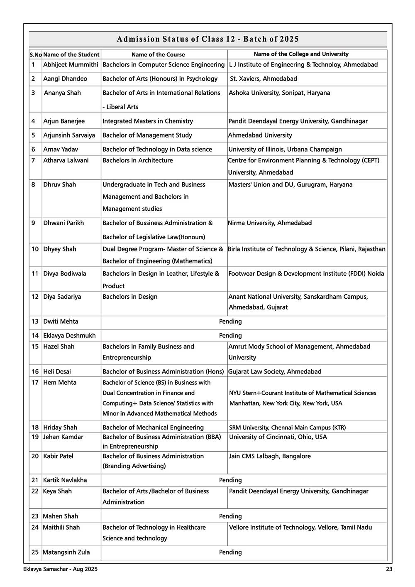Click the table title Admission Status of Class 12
[x=207, y=39]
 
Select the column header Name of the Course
[x=158, y=54]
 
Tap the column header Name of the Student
[x=71, y=54]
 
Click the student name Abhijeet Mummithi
[x=71, y=65]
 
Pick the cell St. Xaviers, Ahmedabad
[x=264, y=79]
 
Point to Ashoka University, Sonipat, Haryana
[x=279, y=93]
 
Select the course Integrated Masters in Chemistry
[x=148, y=121]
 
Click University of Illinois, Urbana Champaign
[x=285, y=150]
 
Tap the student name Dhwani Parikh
[x=63, y=223]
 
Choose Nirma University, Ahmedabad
[x=270, y=223]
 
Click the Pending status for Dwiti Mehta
[x=230, y=322]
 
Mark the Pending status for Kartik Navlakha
[x=230, y=480]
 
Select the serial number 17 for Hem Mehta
[x=35, y=383]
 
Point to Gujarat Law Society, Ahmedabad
[x=275, y=372]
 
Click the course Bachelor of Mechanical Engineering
[x=153, y=427]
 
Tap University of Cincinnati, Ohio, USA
[x=278, y=437]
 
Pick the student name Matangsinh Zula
[x=66, y=553]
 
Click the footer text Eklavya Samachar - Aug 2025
[x=61, y=570]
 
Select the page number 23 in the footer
[x=389, y=570]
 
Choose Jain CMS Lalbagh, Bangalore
[x=270, y=456]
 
